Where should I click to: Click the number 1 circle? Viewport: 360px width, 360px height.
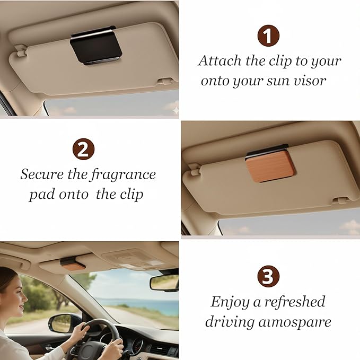coord(268,36)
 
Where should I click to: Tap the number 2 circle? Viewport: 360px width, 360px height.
coord(83,149)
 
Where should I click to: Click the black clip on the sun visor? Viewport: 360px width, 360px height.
coord(96,45)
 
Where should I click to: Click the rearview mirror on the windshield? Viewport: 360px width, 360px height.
coord(164,282)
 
